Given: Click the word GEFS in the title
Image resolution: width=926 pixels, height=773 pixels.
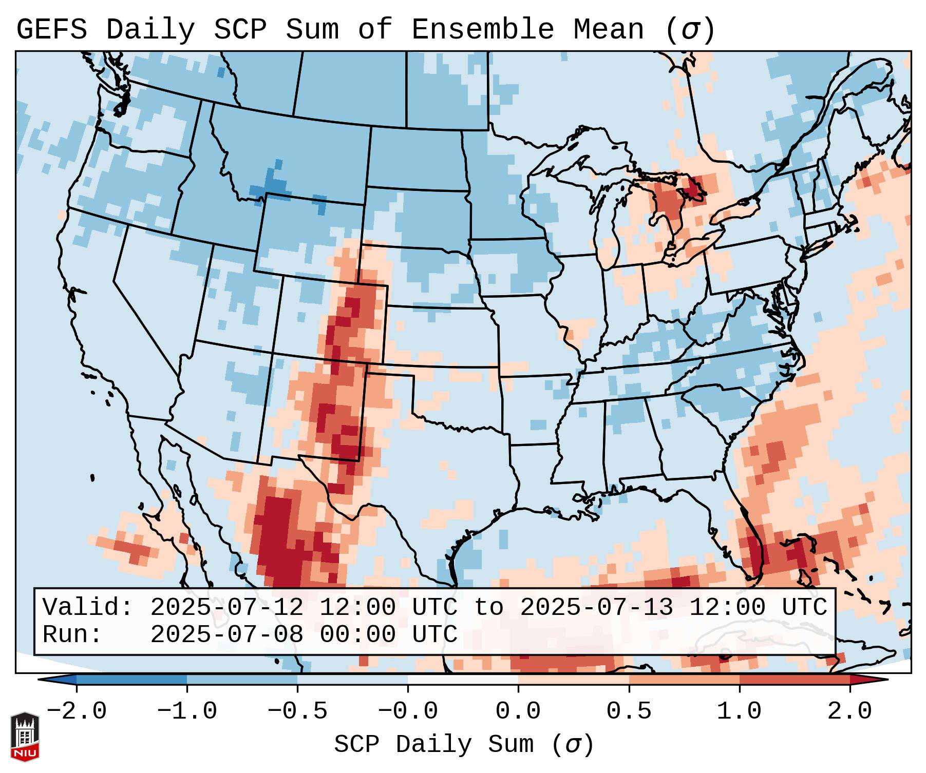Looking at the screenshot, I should click(52, 30).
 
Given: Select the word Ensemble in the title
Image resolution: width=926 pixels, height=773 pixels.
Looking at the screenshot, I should click(483, 30).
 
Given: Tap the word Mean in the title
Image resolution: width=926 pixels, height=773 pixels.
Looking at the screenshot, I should click(608, 30).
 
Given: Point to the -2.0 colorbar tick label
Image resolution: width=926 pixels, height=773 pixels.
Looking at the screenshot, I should click(77, 711).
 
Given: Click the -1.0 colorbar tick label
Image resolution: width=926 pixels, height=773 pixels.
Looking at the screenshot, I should click(187, 711).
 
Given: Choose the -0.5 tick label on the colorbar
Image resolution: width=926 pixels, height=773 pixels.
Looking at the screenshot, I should click(297, 711).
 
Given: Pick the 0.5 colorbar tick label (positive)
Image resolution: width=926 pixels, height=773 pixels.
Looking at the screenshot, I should click(629, 711).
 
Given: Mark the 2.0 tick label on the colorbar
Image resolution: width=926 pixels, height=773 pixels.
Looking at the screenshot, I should click(850, 711).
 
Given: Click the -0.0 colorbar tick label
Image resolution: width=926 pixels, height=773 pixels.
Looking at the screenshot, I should click(408, 711).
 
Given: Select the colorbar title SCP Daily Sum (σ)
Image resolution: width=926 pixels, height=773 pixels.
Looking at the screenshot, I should click(464, 744).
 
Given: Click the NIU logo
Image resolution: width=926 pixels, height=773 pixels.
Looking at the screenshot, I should click(25, 737).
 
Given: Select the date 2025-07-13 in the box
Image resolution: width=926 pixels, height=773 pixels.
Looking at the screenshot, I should click(596, 607).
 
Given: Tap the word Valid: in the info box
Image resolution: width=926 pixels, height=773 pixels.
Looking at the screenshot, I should click(88, 607).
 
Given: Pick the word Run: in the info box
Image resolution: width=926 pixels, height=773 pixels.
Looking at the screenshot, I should click(72, 634).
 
